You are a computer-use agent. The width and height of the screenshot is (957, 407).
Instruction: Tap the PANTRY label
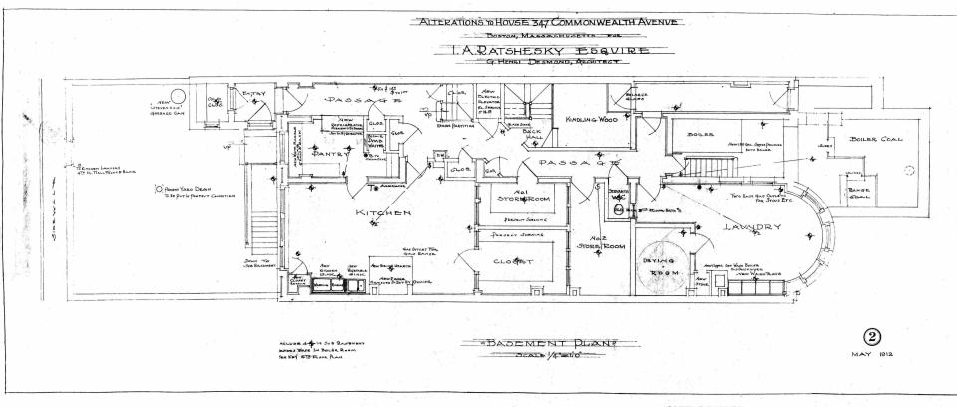pos(328,155)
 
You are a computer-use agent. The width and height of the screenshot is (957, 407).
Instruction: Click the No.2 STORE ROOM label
pos(606,240)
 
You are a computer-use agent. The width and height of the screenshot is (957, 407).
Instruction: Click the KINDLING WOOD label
pos(587,119)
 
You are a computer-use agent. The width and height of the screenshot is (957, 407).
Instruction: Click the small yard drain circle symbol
pos(158,189)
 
